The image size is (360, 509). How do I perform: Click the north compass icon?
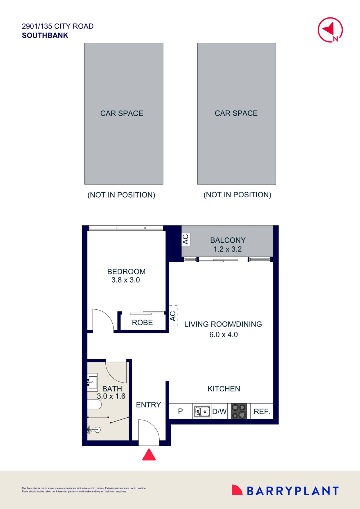point(330,30)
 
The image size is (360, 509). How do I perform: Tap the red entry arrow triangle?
point(149,455)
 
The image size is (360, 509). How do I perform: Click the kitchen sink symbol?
point(202,411)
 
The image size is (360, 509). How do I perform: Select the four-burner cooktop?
point(239,411)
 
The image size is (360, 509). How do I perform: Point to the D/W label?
point(219,411)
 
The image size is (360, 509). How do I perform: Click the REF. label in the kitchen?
point(262,411)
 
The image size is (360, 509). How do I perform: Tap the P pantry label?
point(180,411)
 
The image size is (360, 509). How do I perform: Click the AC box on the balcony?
point(186,239)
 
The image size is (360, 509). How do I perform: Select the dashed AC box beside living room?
point(173,316)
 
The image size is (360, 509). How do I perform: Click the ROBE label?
point(142,322)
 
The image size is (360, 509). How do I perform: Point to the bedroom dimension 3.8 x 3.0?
point(126,280)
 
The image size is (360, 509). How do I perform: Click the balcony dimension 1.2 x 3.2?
point(228,249)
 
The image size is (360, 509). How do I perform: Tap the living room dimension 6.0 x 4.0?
point(224,335)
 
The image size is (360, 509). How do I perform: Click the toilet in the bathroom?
point(94,404)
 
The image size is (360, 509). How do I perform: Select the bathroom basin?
point(93,382)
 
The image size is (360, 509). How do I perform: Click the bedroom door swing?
point(102,320)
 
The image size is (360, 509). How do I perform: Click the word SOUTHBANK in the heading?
point(45,35)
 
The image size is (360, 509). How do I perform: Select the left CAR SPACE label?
point(122,113)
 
